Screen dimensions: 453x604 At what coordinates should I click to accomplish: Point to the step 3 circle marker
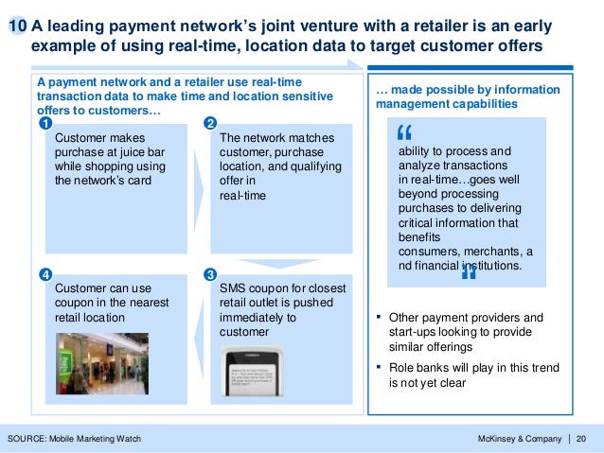click(x=210, y=275)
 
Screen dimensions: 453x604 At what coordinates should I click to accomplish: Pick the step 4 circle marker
click(x=44, y=275)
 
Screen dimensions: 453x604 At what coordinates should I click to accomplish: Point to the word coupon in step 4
click(x=78, y=303)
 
